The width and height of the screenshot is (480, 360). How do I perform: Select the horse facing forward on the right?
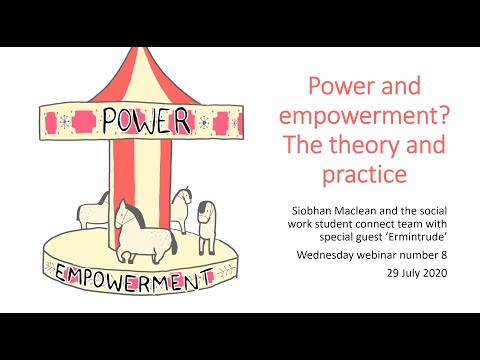tap(206, 225)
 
